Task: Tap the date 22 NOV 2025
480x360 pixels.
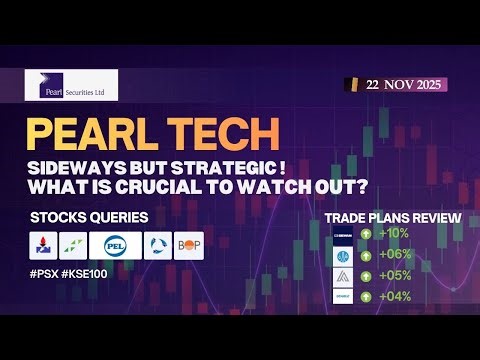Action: pyautogui.click(x=398, y=86)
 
